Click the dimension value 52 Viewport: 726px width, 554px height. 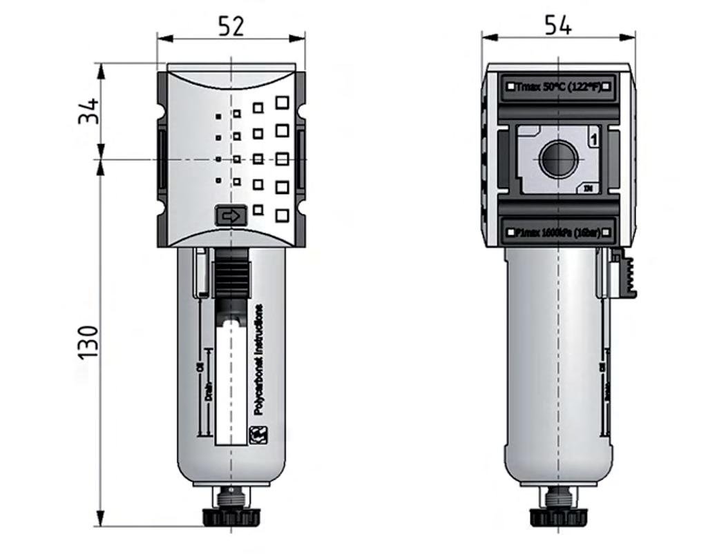point(231,26)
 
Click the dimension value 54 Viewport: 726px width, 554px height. point(557,25)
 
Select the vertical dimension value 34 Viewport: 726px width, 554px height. point(88,112)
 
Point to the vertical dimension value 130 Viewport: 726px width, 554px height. point(88,342)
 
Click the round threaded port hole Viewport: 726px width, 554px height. point(557,159)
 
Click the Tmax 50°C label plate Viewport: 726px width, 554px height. point(558,87)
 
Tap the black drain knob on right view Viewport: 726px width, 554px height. point(557,516)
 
